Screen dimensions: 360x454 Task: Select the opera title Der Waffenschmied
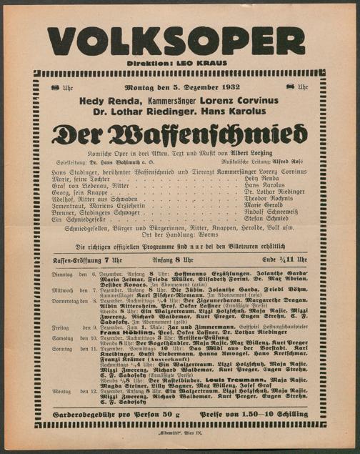[180, 134]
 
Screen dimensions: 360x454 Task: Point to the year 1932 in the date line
[226, 89]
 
